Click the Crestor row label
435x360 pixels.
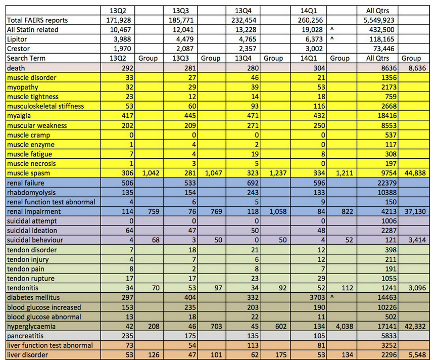coord(18,49)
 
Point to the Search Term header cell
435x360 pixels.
coord(26,58)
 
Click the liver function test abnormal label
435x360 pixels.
coord(50,346)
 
